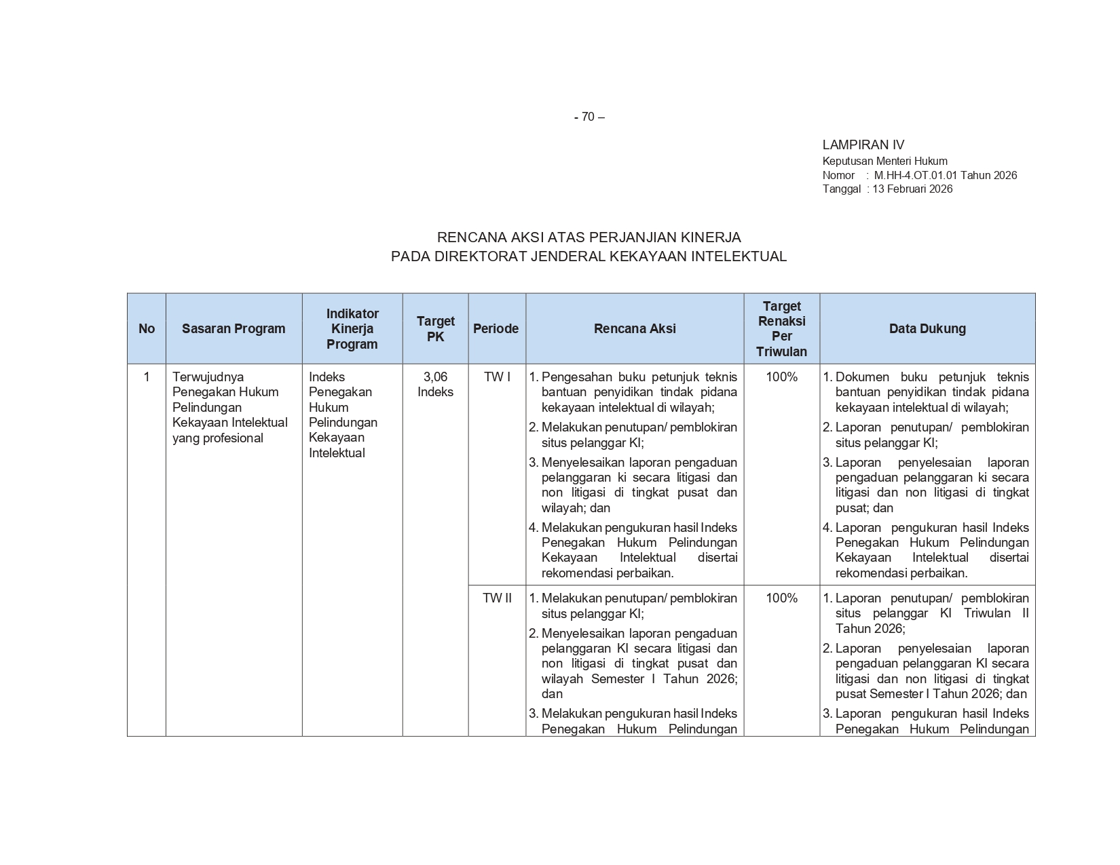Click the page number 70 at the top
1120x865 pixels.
589,117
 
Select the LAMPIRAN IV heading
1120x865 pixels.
863,145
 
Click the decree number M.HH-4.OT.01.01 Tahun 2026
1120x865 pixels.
945,175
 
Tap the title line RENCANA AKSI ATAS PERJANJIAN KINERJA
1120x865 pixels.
589,237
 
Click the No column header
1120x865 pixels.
147,329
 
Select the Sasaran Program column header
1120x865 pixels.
234,329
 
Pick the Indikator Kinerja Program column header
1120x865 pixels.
352,329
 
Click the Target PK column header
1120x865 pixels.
435,329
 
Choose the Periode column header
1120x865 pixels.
496,329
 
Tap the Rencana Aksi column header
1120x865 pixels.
635,329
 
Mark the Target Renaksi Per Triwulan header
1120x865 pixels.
781,329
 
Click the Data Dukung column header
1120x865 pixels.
927,329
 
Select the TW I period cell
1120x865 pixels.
497,377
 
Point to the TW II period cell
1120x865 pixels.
497,598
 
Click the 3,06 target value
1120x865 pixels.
435,377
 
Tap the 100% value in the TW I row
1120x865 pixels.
781,377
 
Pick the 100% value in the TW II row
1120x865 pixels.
781,598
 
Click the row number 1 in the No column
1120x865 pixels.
147,377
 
